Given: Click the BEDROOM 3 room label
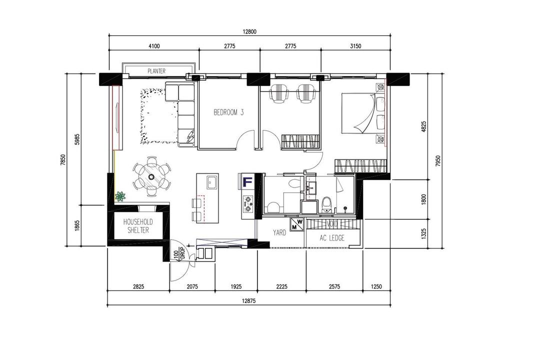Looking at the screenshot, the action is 228,112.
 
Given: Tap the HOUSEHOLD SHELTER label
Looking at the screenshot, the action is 138,226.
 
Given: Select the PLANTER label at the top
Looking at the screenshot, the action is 156,71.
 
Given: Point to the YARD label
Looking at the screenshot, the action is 279,233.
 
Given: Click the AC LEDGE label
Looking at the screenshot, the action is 332,238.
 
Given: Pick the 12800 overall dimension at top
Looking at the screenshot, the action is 249,31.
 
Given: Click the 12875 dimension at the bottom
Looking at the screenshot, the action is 248,300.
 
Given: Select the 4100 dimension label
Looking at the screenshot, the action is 154,46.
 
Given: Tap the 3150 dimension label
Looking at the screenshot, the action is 355,46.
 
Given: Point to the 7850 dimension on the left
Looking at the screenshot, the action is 62,160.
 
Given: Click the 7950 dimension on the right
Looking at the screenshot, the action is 437,161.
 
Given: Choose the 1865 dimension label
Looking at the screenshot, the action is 77,225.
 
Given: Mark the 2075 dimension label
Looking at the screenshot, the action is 192,286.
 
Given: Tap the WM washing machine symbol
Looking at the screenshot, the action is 296,224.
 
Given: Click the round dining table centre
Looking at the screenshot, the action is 151,176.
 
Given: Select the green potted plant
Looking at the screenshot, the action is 120,196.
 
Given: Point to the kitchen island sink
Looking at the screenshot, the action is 212,182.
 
